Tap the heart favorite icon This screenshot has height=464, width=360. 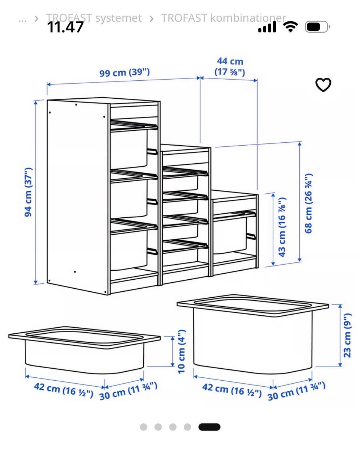(x=323, y=85)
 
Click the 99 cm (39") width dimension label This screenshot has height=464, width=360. (x=124, y=72)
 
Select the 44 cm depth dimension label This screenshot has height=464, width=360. (x=230, y=66)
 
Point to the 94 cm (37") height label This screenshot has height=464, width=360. (x=28, y=192)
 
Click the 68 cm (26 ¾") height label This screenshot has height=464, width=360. (x=308, y=203)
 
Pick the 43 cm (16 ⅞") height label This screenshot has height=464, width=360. (x=282, y=227)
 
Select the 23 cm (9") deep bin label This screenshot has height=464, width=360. (x=347, y=336)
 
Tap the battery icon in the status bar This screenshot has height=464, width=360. (x=317, y=27)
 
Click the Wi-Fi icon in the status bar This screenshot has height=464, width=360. (x=290, y=27)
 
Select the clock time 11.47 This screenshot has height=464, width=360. (x=65, y=27)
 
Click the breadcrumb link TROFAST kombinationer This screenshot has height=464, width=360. (x=223, y=18)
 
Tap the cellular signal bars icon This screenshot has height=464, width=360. (x=267, y=27)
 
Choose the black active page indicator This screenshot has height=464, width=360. (x=209, y=427)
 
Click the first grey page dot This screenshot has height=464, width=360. (x=143, y=427)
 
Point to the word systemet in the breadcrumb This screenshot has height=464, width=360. (x=118, y=18)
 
